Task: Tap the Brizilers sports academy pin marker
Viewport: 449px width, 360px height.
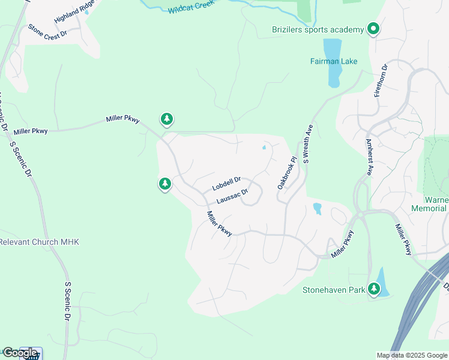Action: click(x=373, y=28)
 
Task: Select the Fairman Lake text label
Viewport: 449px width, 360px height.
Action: click(x=333, y=61)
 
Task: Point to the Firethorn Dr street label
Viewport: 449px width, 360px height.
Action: click(x=378, y=82)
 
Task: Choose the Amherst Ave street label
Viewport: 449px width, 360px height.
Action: click(x=369, y=157)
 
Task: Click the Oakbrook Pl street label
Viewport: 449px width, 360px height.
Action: click(x=287, y=173)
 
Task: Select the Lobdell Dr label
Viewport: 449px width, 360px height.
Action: click(x=226, y=184)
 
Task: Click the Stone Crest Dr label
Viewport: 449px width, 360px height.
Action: click(x=47, y=32)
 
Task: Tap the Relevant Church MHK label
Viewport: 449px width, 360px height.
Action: click(x=39, y=242)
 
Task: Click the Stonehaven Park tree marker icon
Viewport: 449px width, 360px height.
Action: click(x=375, y=289)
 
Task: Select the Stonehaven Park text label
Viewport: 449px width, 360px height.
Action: click(x=333, y=290)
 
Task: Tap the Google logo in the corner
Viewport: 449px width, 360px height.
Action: click(x=19, y=353)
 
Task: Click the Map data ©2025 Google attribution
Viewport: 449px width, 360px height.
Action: click(x=412, y=355)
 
